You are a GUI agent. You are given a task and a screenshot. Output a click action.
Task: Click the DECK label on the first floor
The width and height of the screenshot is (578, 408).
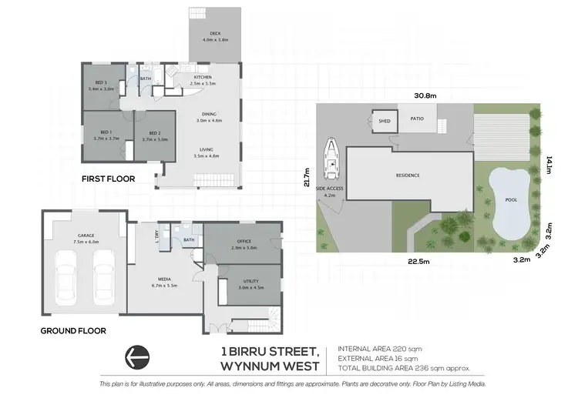216,33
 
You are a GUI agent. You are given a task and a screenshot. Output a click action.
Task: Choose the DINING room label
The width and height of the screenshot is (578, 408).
209,114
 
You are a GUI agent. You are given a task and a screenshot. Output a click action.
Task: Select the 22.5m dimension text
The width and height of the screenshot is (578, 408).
418,260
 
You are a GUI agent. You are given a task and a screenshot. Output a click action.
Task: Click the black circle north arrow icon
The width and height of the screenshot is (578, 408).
138,357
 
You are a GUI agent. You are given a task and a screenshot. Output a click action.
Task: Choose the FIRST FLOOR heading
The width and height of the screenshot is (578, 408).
109,179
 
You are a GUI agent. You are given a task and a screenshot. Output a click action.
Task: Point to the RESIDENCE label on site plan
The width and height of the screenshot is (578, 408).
408,176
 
